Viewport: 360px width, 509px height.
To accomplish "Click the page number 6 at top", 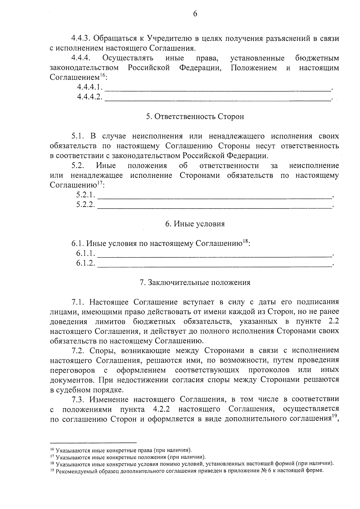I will (x=195, y=14).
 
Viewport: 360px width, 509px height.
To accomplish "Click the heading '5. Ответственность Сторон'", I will (x=195, y=117).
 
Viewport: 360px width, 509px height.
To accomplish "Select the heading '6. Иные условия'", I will (x=195, y=224).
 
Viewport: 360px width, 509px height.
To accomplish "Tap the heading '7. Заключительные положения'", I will (x=195, y=283).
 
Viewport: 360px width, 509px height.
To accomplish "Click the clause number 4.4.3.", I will (x=81, y=38).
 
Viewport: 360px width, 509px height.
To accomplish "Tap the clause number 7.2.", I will (x=79, y=350).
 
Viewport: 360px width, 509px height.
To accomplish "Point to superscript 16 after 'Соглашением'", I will (x=102, y=75).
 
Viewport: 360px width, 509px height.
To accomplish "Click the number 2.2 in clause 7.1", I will (x=334, y=321).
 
